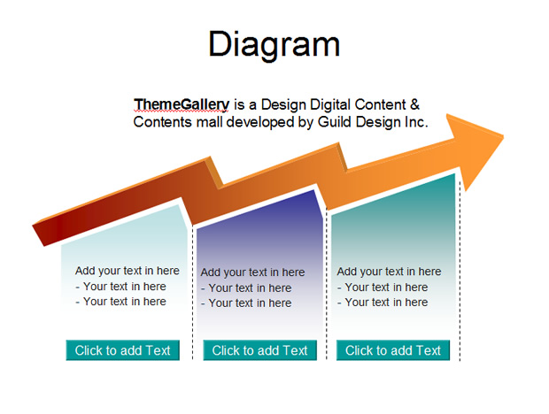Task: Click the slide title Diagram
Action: (274, 44)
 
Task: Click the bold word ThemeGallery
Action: (182, 104)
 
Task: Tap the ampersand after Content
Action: (414, 104)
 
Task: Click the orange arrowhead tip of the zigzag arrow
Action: (503, 136)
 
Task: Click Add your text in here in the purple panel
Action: (252, 272)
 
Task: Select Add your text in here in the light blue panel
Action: (128, 271)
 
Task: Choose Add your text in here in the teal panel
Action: (389, 271)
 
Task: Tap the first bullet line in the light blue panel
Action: (120, 286)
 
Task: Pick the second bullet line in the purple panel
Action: (246, 303)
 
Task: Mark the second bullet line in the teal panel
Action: (383, 303)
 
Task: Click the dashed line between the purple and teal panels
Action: (327, 283)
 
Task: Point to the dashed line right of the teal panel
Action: (460, 271)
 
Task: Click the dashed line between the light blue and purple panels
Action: (192, 294)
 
